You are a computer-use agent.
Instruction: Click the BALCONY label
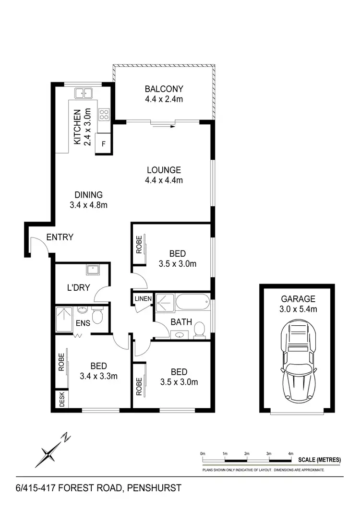pyautogui.click(x=164, y=89)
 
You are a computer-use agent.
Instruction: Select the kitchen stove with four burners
pyautogui.click(x=104, y=114)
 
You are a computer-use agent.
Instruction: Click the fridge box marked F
pyautogui.click(x=104, y=143)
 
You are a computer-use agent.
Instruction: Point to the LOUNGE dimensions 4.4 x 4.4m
pyautogui.click(x=164, y=180)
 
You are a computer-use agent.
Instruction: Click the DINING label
pyautogui.click(x=88, y=195)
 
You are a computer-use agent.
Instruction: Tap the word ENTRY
pyautogui.click(x=60, y=237)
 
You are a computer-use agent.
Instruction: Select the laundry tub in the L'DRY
pyautogui.click(x=93, y=270)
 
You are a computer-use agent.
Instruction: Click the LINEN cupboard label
pyautogui.click(x=143, y=299)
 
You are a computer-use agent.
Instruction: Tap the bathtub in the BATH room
pyautogui.click(x=192, y=303)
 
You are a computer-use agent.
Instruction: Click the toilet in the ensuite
pyautogui.click(x=98, y=315)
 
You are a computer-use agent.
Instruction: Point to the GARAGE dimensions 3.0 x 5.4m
pyautogui.click(x=299, y=309)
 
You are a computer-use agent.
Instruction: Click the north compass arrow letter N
pyautogui.click(x=66, y=437)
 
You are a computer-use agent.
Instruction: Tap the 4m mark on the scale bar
pyautogui.click(x=290, y=453)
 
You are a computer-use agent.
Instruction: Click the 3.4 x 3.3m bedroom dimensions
pyautogui.click(x=98, y=376)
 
